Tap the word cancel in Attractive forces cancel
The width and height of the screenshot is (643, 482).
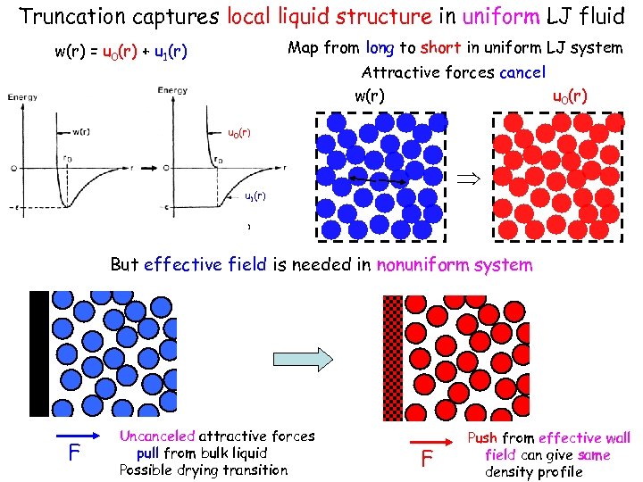(522, 72)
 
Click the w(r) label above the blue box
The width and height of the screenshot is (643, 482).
(370, 95)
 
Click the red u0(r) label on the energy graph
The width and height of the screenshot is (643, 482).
(239, 133)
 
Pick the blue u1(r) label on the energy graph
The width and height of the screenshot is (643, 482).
(256, 195)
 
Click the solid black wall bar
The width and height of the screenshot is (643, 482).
(39, 353)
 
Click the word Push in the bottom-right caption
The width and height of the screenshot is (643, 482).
(482, 438)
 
